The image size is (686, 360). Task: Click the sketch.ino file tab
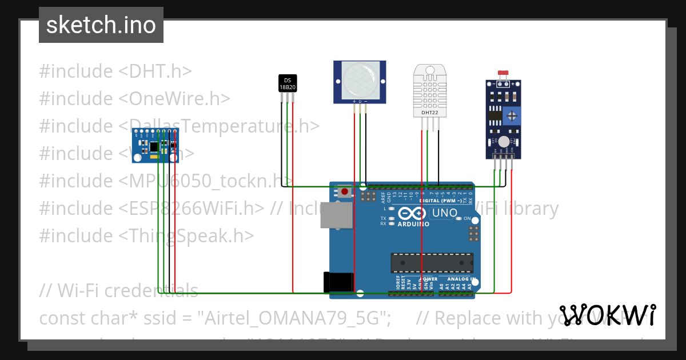pos(101,25)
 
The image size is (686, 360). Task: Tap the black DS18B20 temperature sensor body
pos(288,83)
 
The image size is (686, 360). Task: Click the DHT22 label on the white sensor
pos(429,113)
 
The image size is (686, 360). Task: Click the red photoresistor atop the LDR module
pos(504,73)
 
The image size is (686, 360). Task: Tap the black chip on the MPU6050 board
pos(154,147)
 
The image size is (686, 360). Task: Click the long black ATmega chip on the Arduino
pos(432,262)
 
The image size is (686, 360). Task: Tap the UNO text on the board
pos(444,213)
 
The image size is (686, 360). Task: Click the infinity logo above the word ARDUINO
pos(410,214)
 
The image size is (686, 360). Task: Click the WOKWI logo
pos(608,315)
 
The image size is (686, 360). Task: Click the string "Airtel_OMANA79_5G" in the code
pos(297,318)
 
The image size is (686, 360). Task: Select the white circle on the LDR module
pos(504,142)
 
